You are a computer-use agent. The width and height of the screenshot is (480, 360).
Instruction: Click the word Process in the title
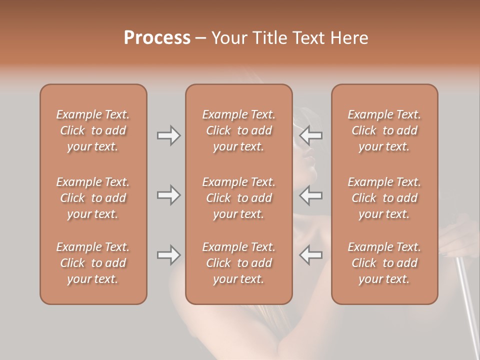pos(157,38)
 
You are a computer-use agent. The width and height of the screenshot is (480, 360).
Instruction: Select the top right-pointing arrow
pos(168,135)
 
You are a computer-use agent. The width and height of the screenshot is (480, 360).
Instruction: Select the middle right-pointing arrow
pos(168,194)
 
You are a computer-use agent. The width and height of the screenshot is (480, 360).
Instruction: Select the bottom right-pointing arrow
pos(168,255)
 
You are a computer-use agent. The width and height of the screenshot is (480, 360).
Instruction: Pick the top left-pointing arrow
pos(311,135)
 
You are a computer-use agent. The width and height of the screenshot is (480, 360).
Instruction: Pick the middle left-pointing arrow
pos(311,194)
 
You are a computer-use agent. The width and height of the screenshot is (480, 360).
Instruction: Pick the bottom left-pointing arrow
pos(311,255)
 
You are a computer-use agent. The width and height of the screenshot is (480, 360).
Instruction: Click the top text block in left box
pos(93,130)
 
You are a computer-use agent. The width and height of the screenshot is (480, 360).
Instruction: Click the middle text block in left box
pos(93,198)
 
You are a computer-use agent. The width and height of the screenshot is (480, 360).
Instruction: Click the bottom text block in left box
pos(93,263)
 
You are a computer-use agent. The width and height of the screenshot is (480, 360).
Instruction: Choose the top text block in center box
pos(238,130)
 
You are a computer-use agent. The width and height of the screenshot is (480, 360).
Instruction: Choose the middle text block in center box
pos(238,198)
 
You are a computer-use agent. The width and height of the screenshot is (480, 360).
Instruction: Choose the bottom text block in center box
pos(238,263)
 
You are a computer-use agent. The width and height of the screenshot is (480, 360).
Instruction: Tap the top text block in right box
pos(384,130)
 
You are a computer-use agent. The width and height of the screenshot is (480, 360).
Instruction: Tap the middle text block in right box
pos(384,198)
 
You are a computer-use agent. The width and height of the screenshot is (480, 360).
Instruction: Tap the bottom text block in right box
pos(384,263)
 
